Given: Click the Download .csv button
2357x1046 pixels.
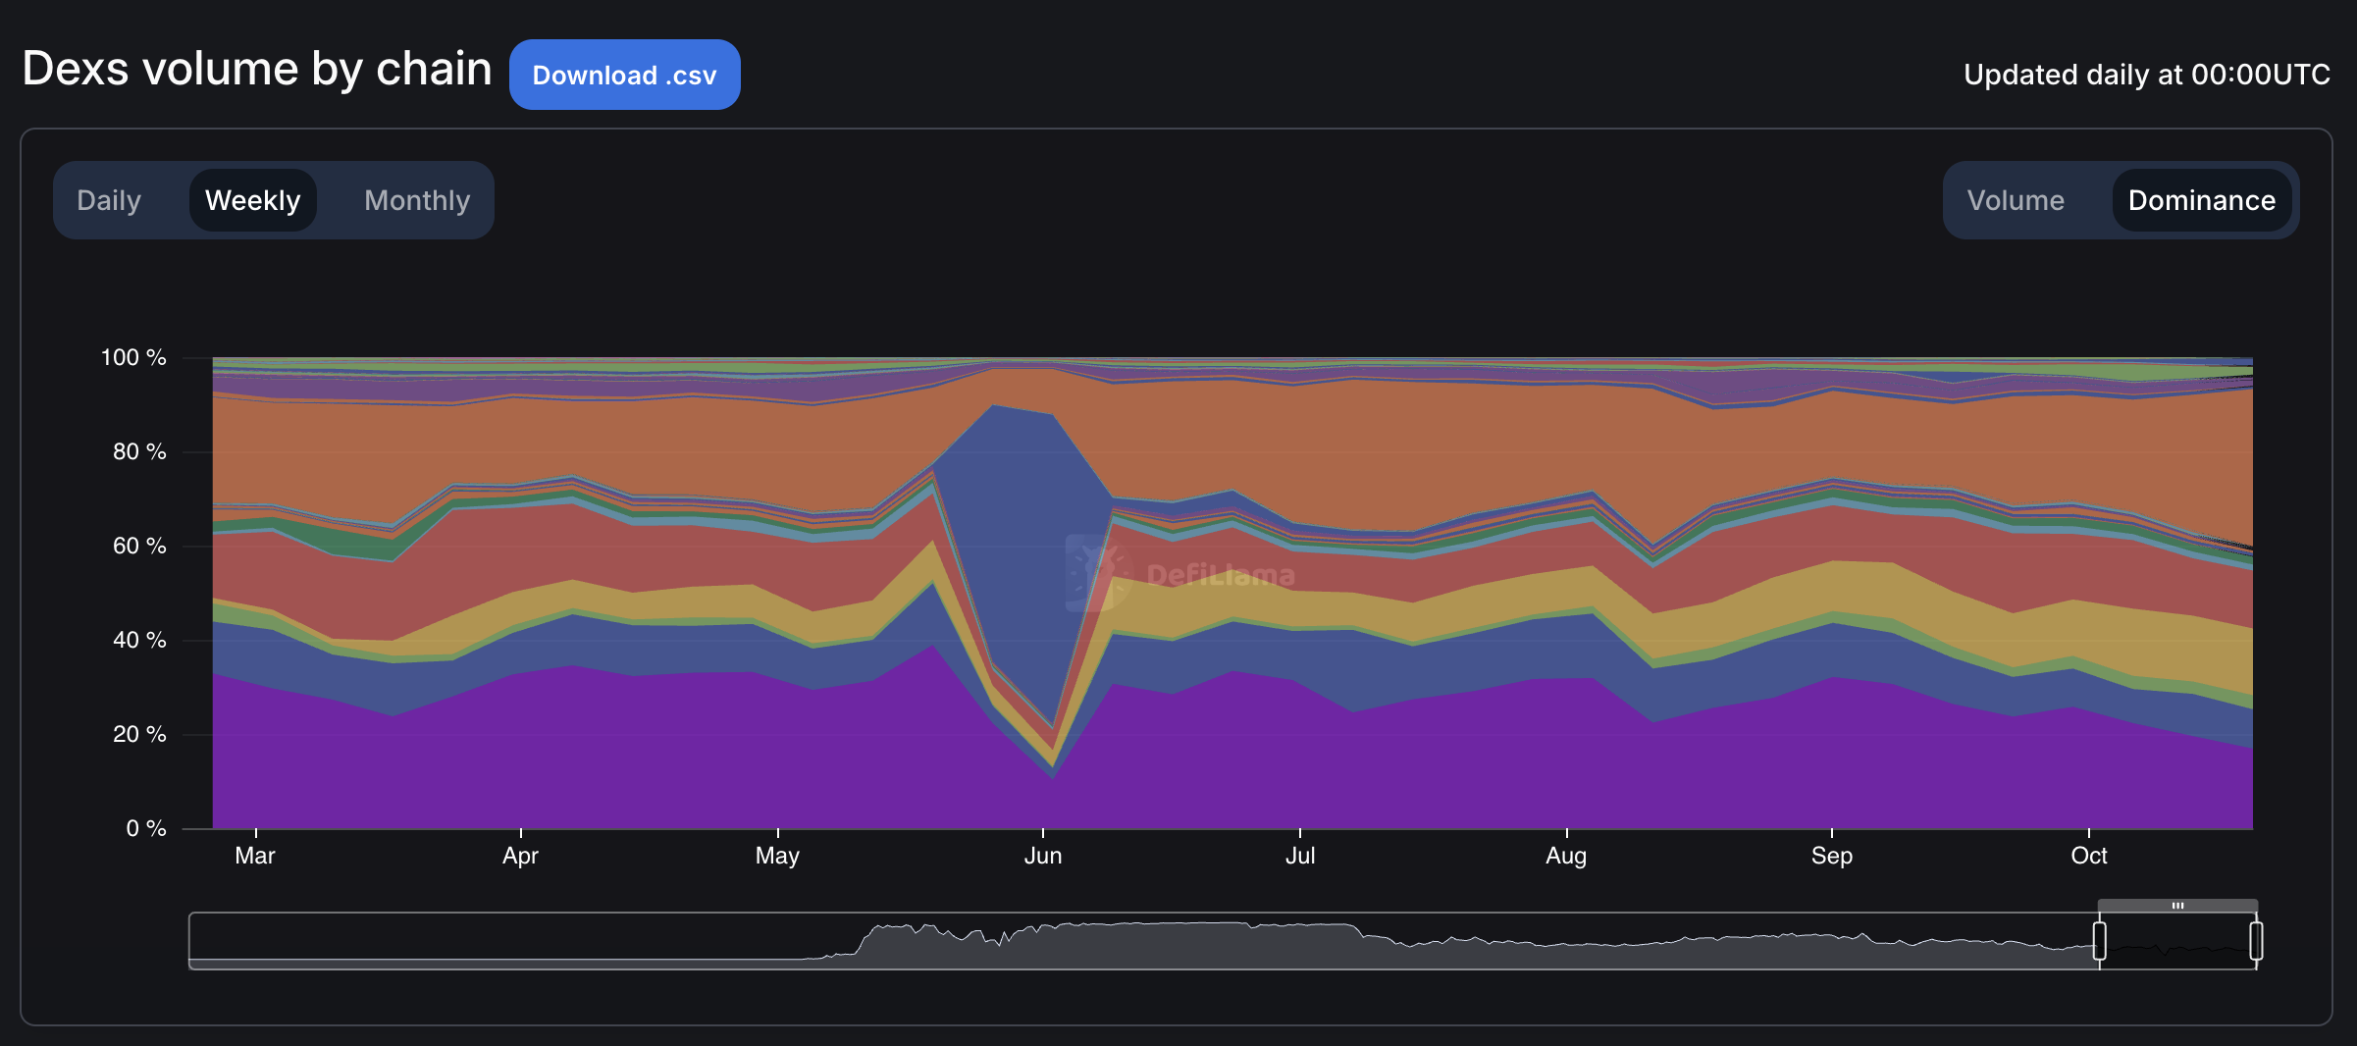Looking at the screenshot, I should (624, 75).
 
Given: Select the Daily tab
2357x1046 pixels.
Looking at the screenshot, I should (109, 200).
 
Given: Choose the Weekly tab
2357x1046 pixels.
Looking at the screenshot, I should (252, 200).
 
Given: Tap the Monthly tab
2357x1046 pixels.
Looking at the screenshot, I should (417, 200).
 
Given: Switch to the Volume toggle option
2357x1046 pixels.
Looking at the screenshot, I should (2016, 200).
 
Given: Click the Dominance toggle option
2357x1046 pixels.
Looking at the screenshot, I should (2201, 200).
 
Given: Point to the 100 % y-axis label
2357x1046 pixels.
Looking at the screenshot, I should (133, 357).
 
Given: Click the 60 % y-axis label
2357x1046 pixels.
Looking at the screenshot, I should (139, 546).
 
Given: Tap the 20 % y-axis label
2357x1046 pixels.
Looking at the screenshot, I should (139, 734).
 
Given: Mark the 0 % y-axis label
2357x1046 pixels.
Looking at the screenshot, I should (145, 828).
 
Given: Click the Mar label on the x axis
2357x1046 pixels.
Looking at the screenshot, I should (255, 856).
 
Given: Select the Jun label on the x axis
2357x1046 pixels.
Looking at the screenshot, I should (1043, 856).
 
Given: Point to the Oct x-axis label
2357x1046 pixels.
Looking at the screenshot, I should (2089, 856).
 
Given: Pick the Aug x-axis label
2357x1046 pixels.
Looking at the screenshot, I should (1566, 856).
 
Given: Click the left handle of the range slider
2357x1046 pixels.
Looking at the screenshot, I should (2099, 941).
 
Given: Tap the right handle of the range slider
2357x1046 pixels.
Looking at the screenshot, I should (2256, 941).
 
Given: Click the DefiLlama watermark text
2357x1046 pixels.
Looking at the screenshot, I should (1220, 575).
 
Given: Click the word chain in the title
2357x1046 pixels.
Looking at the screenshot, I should (434, 69).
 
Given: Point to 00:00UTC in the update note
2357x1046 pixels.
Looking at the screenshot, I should (2260, 75).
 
